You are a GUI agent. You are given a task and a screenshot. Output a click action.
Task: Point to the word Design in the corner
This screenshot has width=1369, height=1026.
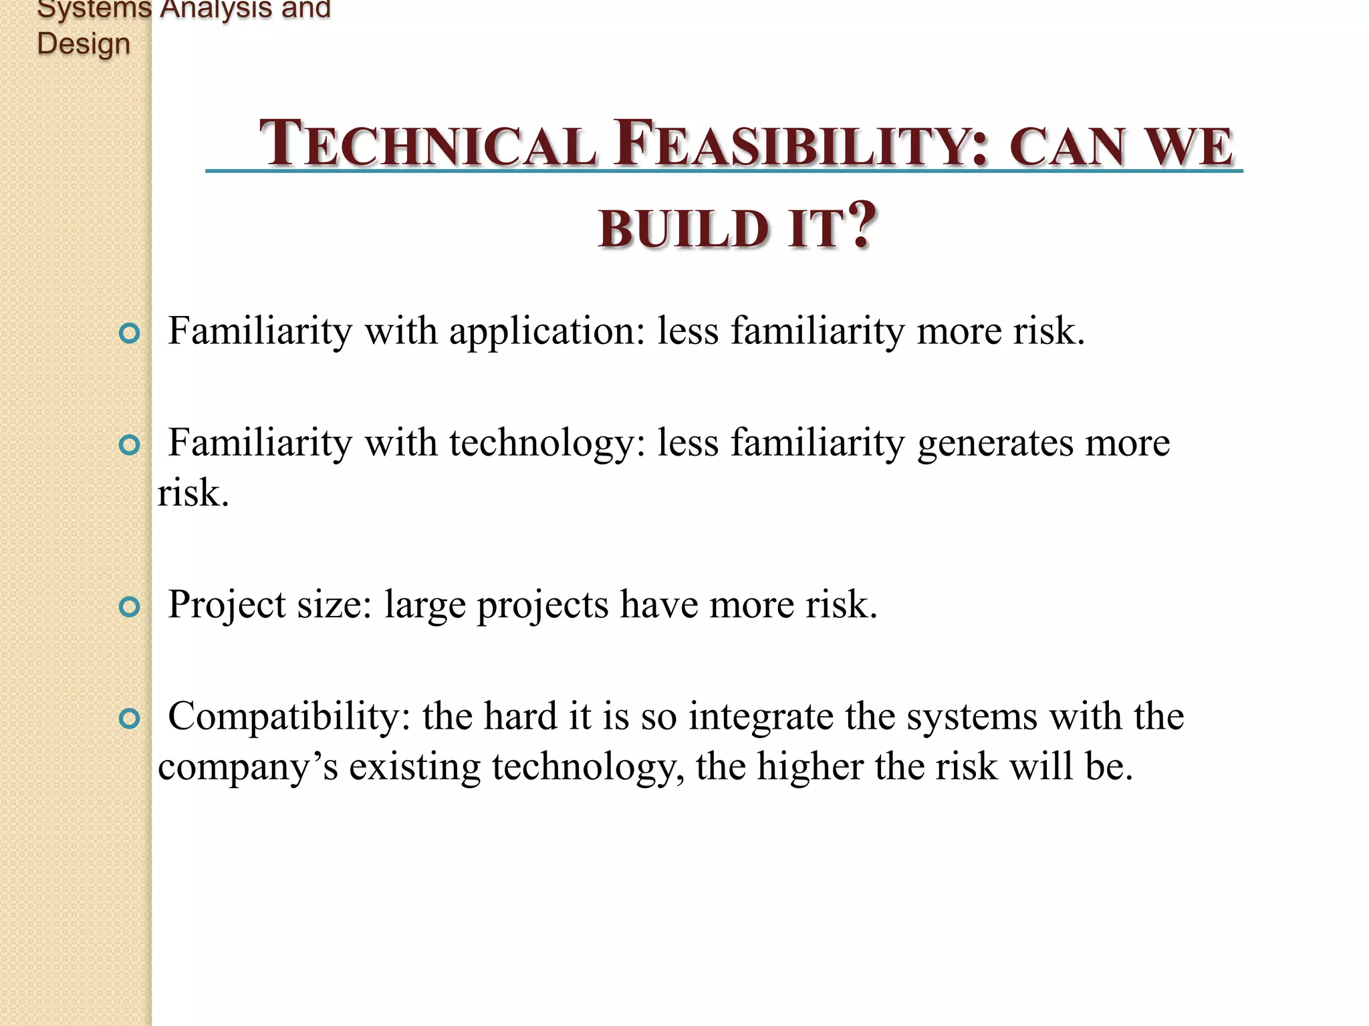pyautogui.click(x=84, y=44)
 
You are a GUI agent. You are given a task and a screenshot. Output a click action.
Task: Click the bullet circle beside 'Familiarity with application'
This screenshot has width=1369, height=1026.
pyautogui.click(x=129, y=333)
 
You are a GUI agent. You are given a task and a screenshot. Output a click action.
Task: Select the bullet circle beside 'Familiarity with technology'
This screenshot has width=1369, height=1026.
pyautogui.click(x=129, y=445)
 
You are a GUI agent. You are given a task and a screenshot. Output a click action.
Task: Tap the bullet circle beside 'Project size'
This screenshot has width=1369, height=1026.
pyautogui.click(x=129, y=607)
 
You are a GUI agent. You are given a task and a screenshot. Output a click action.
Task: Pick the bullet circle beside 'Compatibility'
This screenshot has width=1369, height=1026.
pyautogui.click(x=129, y=719)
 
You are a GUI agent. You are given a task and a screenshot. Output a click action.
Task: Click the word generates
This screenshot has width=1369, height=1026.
pyautogui.click(x=995, y=444)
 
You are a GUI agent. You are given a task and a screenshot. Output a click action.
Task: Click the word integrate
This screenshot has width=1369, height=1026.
pyautogui.click(x=761, y=717)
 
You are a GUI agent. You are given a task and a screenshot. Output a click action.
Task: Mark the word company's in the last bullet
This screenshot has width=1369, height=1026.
pyautogui.click(x=248, y=767)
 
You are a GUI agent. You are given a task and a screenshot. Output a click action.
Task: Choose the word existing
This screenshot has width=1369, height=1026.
pyautogui.click(x=414, y=767)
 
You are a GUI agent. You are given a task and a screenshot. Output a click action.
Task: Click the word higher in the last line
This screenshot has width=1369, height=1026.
pyautogui.click(x=810, y=767)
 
